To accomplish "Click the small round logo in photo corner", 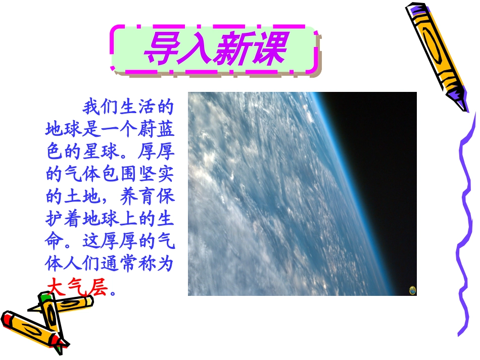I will tap(412, 290).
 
